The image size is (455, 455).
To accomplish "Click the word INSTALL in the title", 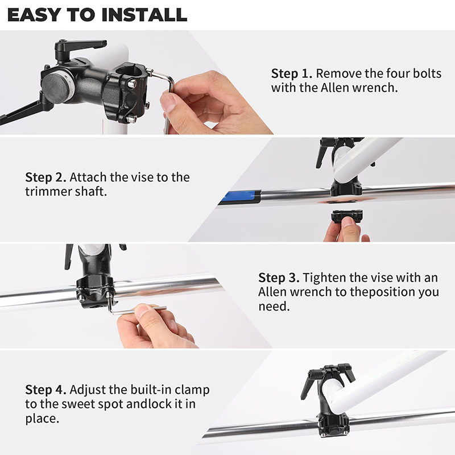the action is [144, 15].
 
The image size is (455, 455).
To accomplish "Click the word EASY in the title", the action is [34, 15].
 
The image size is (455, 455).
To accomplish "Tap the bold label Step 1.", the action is [291, 74].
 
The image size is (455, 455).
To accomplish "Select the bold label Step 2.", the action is [45, 177].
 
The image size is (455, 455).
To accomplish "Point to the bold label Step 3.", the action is [279, 278].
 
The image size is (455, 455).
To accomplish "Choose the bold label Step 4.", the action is [45, 390].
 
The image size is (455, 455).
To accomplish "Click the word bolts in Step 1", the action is [427, 73].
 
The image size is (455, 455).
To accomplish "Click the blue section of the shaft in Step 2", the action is [241, 196].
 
